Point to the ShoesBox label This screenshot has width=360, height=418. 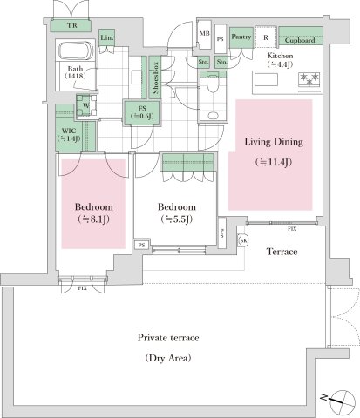155,78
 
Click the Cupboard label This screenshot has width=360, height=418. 301,39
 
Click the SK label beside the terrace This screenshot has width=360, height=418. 244,239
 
